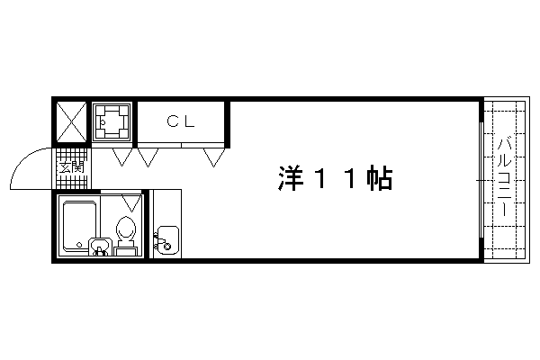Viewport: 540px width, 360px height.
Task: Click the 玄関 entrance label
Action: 72,168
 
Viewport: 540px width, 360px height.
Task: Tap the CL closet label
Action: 181,121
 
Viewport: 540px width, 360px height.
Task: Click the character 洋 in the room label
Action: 292,178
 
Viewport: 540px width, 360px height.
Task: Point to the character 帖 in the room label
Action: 380,178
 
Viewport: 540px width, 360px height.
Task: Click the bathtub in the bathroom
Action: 79,226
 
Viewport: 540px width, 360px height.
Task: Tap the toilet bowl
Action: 126,228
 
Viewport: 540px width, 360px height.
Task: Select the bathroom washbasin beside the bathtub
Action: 100,247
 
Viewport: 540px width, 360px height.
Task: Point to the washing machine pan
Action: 112,121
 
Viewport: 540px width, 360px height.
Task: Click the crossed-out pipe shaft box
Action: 71,121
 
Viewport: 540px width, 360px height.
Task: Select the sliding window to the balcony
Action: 481,180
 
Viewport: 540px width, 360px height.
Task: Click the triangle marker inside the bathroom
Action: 131,203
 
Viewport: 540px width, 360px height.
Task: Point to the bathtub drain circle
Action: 79,245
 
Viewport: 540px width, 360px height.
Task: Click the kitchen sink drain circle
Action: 167,247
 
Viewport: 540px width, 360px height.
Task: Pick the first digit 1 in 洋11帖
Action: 321,178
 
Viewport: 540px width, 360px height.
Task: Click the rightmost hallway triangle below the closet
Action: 214,157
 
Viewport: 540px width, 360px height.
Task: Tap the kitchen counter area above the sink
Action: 167,207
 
